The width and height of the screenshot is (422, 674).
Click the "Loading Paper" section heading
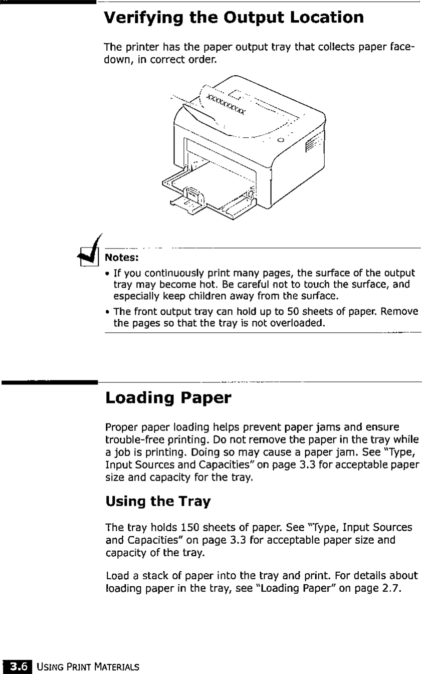pos(168,399)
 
